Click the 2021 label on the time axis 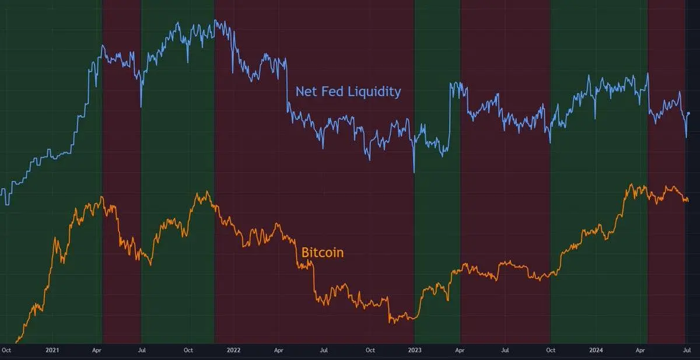52,351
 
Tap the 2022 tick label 233,351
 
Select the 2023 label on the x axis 414,351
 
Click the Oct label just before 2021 6,351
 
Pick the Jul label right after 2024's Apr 687,351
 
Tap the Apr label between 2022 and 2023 279,351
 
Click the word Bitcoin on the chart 322,253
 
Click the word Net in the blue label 306,92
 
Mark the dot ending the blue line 689,113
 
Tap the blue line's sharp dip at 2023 414,172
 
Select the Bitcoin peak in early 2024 630,185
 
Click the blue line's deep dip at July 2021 141,107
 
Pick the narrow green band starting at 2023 437,175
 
